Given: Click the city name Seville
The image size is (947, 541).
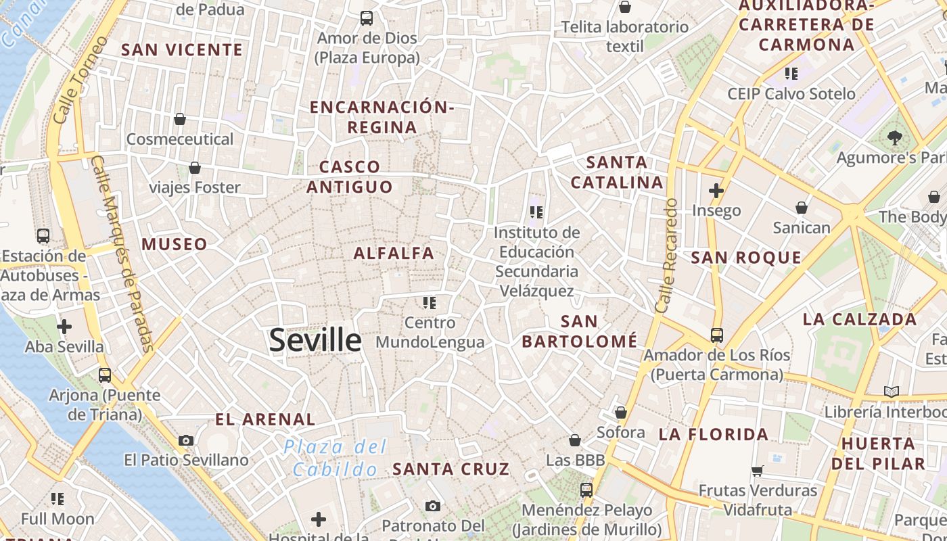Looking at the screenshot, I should pos(315,339).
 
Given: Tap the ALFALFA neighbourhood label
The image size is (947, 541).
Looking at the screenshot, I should pos(394,254).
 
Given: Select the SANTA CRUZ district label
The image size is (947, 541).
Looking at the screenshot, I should pos(451,469).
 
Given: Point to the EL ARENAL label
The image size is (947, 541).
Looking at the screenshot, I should pos(265,419).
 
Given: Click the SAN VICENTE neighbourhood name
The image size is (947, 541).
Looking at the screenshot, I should pos(182,49).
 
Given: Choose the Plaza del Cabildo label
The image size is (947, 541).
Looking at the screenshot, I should pos(336,458).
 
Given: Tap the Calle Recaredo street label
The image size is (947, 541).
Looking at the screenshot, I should pos(667,255).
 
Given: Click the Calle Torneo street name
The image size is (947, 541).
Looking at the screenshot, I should pos(80,80).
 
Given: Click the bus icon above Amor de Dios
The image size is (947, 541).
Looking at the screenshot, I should pos(367,18).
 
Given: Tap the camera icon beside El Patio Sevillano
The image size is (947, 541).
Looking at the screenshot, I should pos(186,441).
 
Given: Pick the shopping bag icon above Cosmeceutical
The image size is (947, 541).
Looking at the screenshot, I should pos(180,120).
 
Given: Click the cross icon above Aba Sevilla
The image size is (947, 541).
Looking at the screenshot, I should pos(64,327).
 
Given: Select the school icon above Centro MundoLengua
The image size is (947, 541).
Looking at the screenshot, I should pos(430,302).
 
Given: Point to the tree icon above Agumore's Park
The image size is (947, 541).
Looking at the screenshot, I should pos(896,138).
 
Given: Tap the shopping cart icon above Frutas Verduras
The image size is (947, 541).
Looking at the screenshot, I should pos(758,471).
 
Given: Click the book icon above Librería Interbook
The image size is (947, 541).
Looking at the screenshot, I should pos(892,392).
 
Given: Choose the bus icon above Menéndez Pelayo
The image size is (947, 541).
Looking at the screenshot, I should pos(586,490).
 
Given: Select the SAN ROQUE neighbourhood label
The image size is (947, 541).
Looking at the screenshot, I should pos(746,258).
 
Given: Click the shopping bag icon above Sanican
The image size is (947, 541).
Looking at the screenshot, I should pos(802,208).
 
